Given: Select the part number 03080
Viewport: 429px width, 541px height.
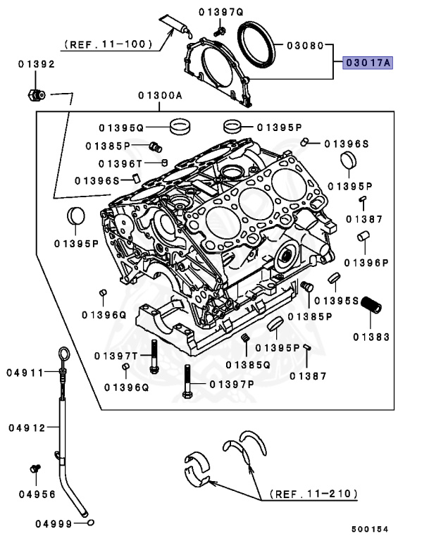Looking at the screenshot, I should [x=304, y=46].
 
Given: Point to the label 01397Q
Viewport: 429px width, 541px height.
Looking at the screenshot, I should [x=220, y=11].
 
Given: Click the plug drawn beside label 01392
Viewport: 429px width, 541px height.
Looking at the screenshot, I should [x=37, y=94].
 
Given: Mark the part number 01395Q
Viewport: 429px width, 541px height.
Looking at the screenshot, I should [x=121, y=128].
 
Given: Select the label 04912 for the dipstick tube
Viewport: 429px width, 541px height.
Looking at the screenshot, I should [x=27, y=428].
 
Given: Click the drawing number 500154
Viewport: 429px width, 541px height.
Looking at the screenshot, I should [x=371, y=528].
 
